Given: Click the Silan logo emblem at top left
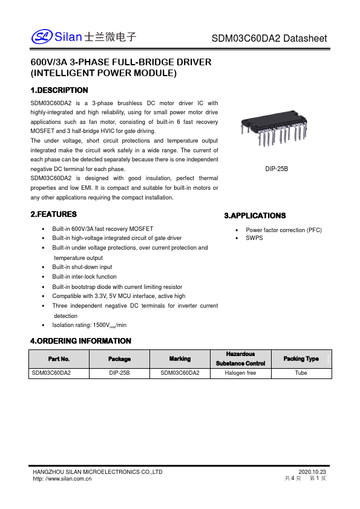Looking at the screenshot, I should coord(42,37).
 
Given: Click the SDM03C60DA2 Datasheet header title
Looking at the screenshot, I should coord(269,38).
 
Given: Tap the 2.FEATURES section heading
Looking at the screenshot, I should coord(54,215).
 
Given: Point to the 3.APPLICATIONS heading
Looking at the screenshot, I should coord(255,216).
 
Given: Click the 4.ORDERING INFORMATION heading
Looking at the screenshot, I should coord(80,341).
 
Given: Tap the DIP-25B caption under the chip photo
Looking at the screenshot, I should coord(277,169).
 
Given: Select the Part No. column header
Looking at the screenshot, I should coord(59,358).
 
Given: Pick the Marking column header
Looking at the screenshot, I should coord(180,358).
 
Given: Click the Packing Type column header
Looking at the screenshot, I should coord(301,358).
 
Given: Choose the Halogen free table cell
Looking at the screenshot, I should coord(240,373).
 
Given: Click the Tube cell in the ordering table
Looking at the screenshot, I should coord(301,373).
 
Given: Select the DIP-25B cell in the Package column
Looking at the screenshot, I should coord(119,373).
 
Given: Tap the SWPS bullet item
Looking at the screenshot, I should coord(254,238).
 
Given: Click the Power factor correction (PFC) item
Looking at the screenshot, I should coord(283,230).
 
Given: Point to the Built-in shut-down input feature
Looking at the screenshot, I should coord(82,267).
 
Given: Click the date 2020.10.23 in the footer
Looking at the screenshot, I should coord(312,472).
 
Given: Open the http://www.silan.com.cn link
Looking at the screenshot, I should coord(62,478).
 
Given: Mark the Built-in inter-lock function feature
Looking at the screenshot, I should coord(84,276).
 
